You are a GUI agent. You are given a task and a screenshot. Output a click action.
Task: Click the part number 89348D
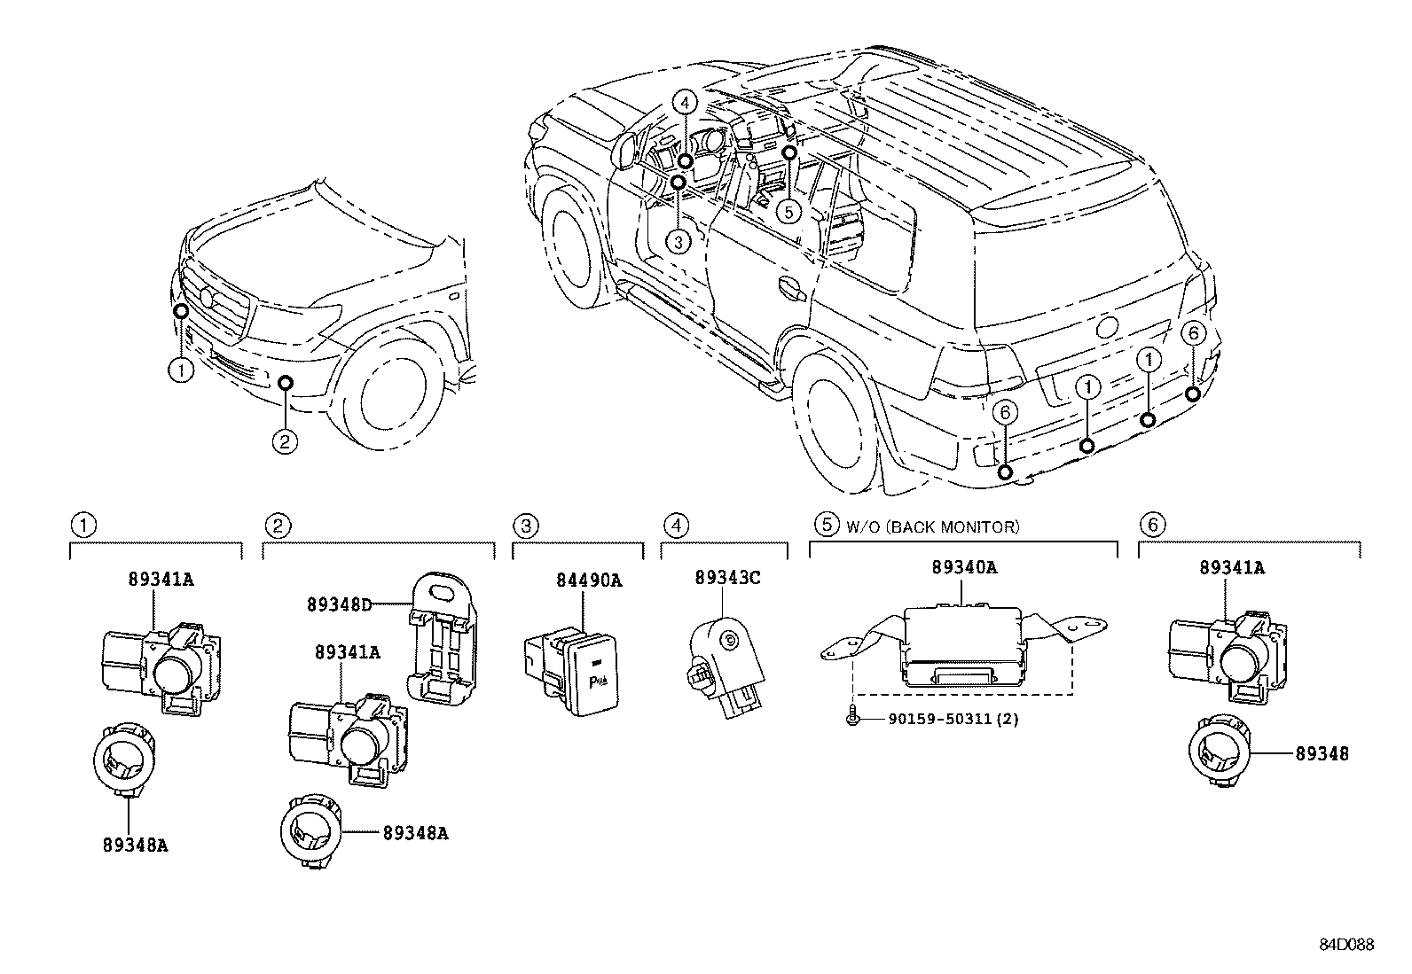(341, 605)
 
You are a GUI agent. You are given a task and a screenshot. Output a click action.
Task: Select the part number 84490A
(589, 581)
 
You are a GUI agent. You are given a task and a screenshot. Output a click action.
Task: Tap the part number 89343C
(727, 577)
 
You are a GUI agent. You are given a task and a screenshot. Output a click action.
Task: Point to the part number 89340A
(963, 567)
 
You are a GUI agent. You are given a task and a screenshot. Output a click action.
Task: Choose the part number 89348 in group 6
(1322, 753)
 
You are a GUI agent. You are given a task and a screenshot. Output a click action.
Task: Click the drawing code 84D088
(1345, 945)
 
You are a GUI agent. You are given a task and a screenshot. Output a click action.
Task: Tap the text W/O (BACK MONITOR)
(931, 526)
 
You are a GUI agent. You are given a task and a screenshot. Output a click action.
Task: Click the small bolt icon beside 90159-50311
(854, 719)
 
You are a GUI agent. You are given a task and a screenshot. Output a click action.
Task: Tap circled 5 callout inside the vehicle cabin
(788, 211)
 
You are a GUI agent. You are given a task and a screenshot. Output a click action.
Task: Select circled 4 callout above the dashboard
(685, 103)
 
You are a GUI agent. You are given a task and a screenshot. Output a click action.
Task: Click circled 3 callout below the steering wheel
(677, 241)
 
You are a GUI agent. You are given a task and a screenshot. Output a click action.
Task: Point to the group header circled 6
(1152, 526)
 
